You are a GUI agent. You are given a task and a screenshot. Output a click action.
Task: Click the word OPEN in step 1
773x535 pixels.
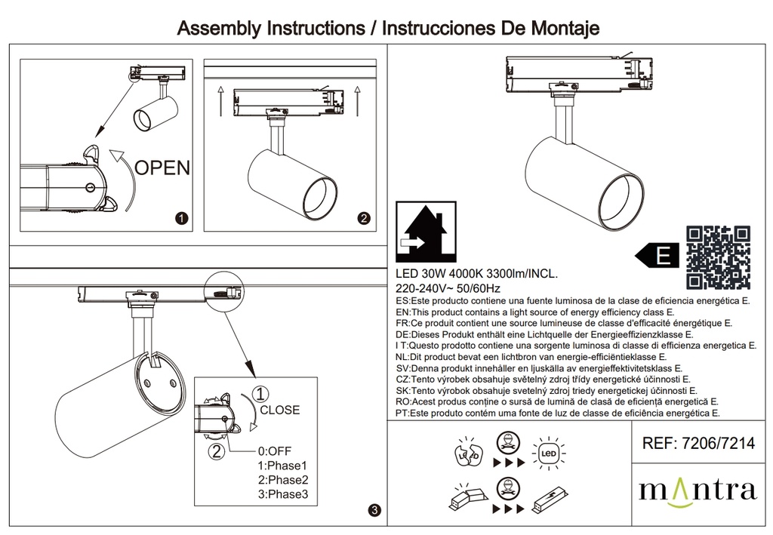tap(162, 168)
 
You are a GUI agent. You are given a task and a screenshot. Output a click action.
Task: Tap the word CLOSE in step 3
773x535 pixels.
tap(279, 410)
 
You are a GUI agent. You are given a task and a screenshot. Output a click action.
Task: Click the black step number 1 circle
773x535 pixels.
tap(181, 219)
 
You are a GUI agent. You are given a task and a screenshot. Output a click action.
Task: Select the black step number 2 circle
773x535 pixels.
tap(363, 219)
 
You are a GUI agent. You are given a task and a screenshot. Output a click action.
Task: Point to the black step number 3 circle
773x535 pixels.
tap(375, 511)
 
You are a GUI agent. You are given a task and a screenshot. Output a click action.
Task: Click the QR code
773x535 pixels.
tap(718, 257)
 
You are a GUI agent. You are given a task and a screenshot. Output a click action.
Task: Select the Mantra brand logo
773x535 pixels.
tap(697, 490)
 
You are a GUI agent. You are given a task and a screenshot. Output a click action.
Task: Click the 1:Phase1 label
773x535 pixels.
tap(283, 466)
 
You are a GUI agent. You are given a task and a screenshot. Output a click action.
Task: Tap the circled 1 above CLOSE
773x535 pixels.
tap(260, 394)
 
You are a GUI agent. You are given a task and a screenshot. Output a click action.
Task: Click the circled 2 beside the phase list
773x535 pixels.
tap(217, 451)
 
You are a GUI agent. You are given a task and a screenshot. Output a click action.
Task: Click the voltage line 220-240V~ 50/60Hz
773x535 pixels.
tap(448, 288)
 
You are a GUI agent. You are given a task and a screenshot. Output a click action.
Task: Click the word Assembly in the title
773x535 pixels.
tap(217, 29)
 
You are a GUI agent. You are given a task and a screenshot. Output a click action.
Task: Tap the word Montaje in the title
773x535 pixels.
tap(559, 29)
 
